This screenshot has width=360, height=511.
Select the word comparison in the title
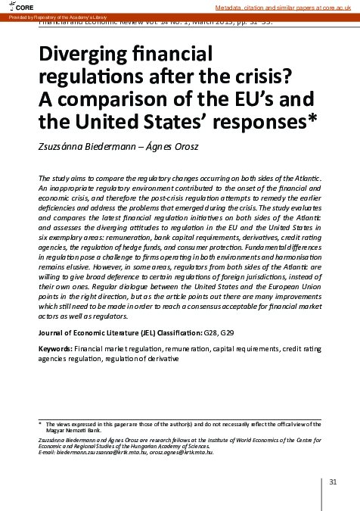click(114, 100)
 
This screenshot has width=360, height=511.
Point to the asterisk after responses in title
click(313, 118)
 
